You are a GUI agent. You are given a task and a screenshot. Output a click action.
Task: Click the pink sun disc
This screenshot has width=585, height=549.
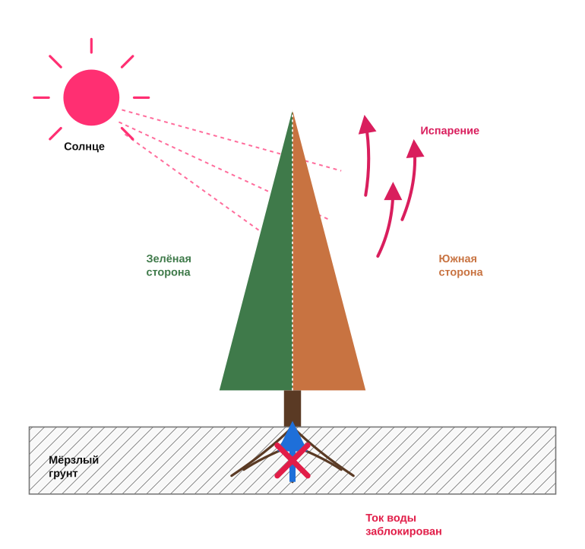coord(91,97)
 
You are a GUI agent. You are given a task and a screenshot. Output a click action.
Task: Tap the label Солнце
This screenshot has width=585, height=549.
coord(84,147)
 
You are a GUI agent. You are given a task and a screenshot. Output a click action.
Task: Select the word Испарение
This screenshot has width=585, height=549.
coord(450,131)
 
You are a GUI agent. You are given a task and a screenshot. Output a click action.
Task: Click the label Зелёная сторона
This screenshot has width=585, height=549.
coord(169,265)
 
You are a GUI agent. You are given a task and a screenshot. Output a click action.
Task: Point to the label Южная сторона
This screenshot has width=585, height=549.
coord(460,265)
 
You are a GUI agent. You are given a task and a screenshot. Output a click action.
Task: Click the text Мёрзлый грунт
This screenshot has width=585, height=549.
coord(74,466)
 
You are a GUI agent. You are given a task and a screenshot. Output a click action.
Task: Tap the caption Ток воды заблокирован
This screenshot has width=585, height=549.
coord(403,525)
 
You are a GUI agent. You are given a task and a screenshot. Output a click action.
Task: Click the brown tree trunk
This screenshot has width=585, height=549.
coord(292,408)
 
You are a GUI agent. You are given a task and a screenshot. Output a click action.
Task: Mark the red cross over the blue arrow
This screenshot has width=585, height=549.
coord(292,461)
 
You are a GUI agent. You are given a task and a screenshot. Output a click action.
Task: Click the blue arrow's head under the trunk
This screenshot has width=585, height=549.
coord(292,433)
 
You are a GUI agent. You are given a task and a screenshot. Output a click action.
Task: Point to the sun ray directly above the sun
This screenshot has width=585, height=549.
coord(91,46)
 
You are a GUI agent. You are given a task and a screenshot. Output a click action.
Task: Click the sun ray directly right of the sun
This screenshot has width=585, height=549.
coord(141,97)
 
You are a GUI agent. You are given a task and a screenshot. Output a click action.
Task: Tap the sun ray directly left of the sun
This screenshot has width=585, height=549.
coord(42,97)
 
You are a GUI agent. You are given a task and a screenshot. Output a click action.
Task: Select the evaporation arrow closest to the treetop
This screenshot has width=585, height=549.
coord(367,157)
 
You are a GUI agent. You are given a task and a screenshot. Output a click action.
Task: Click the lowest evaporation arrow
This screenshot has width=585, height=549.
coord(388,221)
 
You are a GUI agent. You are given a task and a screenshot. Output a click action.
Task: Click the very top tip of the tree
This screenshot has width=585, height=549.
coord(292,112)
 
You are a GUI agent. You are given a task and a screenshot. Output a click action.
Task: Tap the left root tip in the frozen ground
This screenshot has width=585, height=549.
coord(231,476)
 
